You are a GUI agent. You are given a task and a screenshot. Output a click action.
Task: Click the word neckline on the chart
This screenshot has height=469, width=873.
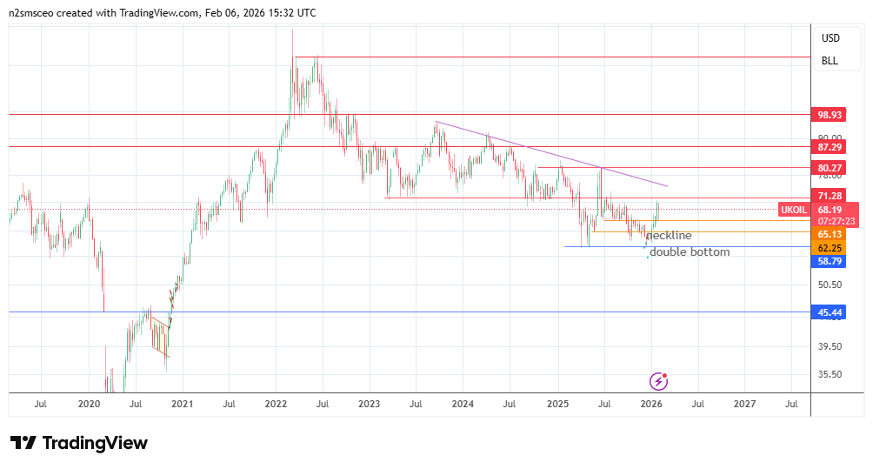[x=669, y=236]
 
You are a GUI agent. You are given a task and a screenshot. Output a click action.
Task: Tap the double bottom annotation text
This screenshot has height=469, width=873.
[x=690, y=251]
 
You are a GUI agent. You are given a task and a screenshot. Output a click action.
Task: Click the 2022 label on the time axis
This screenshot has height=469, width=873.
[x=277, y=404]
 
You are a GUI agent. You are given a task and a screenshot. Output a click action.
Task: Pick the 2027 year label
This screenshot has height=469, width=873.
[x=744, y=404]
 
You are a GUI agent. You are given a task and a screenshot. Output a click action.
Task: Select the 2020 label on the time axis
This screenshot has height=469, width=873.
[x=90, y=404]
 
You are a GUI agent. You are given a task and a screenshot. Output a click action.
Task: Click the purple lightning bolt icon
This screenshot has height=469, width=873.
[x=659, y=380]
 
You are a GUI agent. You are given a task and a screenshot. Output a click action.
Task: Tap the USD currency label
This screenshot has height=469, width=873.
[x=830, y=38]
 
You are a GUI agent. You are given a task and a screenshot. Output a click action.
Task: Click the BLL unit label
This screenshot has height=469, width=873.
[x=830, y=61]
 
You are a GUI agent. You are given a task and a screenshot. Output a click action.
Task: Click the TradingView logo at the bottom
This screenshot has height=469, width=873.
[x=79, y=443]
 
